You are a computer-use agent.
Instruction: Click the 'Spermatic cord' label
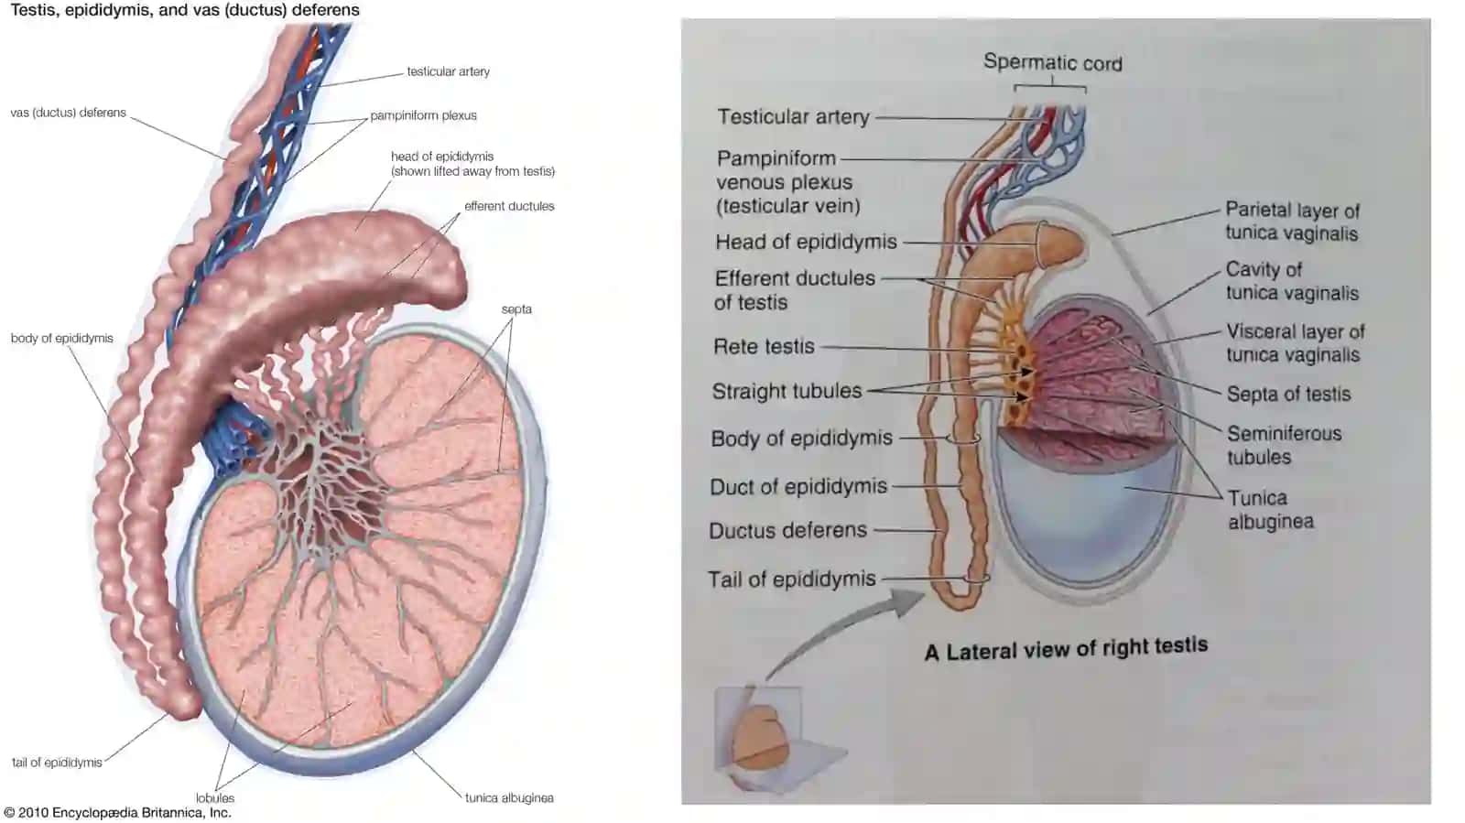[x=1052, y=63]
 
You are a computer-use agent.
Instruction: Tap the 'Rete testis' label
[x=764, y=346]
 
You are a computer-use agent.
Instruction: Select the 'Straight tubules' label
[x=787, y=391]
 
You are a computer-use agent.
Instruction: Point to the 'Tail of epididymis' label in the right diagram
[x=791, y=579]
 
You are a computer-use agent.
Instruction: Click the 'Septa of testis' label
[x=1288, y=395]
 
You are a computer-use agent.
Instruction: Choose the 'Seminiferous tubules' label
[x=1284, y=445]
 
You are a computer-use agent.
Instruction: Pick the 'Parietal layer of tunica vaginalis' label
[x=1292, y=222]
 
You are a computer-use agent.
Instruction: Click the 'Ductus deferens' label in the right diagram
[x=787, y=530]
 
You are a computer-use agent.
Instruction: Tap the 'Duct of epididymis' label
[x=798, y=487]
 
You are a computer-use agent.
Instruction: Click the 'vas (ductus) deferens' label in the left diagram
[x=68, y=113]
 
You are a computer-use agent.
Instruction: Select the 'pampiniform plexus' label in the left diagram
[x=423, y=115]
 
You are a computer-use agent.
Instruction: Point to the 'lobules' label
[x=214, y=797]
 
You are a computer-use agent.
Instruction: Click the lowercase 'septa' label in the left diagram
[x=516, y=309]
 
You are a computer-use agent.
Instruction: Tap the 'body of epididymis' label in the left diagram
[x=61, y=338]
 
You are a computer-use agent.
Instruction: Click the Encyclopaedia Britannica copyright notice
[x=118, y=813]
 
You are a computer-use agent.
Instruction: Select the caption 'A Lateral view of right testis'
[x=1066, y=648]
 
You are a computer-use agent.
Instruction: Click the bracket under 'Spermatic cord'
[x=1050, y=86]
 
